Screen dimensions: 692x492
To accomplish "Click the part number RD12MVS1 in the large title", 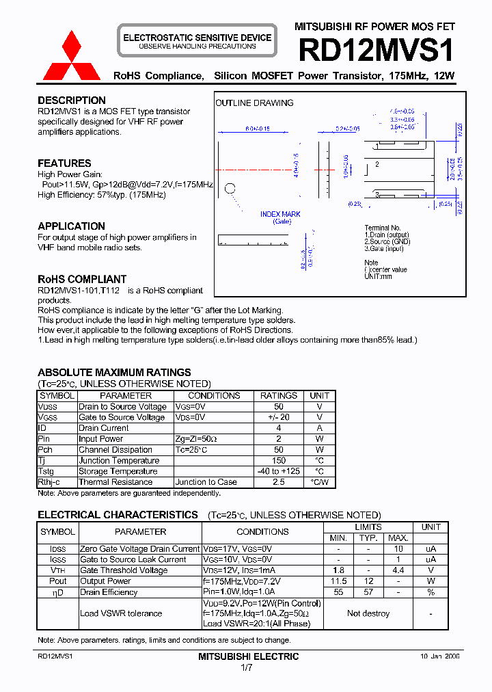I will click(376, 51).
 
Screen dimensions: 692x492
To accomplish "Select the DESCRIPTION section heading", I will click(72, 101).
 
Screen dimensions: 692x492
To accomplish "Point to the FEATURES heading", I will click(64, 163).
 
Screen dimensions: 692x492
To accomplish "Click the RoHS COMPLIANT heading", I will click(82, 279).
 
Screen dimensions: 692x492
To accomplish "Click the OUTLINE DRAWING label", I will click(254, 103).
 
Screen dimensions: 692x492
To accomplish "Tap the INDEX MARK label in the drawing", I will click(281, 215).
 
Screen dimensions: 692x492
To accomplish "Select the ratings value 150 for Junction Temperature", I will click(279, 460).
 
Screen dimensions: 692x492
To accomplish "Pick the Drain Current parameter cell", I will click(104, 428).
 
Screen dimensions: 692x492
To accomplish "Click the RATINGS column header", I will click(279, 396).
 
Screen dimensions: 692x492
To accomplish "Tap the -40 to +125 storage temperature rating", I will click(279, 471).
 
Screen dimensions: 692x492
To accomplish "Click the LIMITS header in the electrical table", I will click(368, 527).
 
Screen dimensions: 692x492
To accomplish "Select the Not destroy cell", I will click(368, 613).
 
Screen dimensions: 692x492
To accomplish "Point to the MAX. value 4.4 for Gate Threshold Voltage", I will click(399, 570).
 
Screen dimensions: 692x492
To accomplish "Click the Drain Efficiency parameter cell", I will click(109, 592).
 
